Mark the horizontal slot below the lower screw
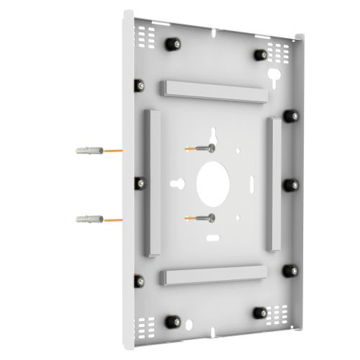[212, 235]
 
